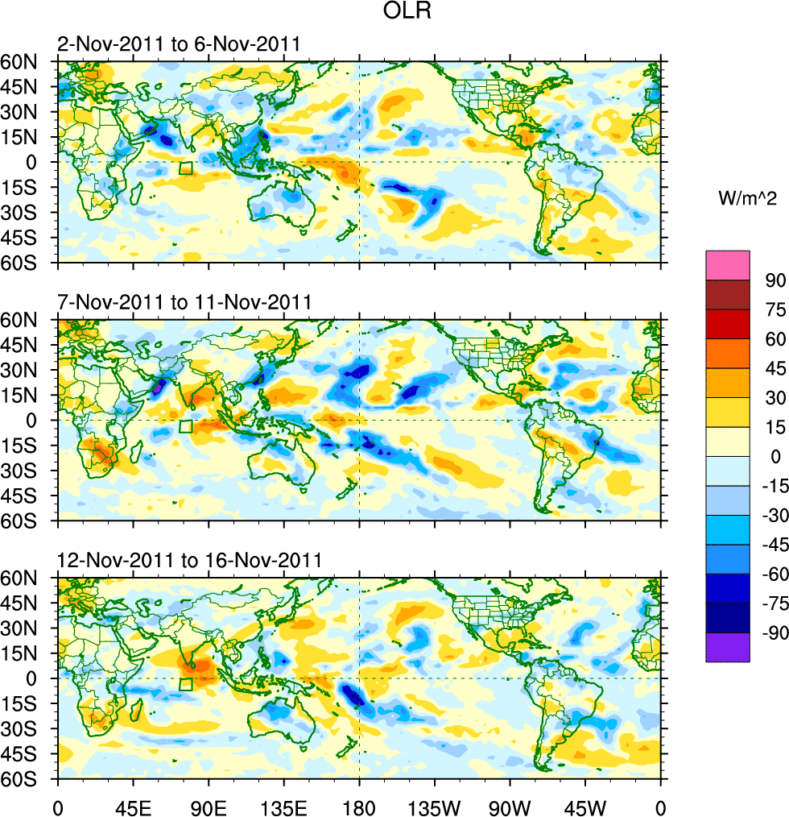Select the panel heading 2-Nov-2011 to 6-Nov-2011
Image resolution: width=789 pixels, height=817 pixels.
(x=179, y=44)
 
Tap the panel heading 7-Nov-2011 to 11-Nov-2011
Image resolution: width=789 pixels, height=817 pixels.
(x=184, y=303)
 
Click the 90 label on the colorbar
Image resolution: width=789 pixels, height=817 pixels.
(x=775, y=280)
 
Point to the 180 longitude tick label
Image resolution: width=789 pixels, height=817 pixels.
(x=359, y=806)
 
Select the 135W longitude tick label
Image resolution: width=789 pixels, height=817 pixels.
(x=434, y=806)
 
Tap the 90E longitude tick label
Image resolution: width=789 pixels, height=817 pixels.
(x=209, y=806)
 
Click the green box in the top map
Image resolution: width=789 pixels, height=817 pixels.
(x=186, y=168)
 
